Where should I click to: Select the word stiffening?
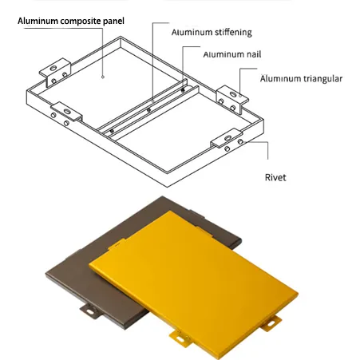pos(231,33)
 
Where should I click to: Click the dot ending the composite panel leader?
pos(105,77)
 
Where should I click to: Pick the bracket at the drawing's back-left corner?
pos(55,73)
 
